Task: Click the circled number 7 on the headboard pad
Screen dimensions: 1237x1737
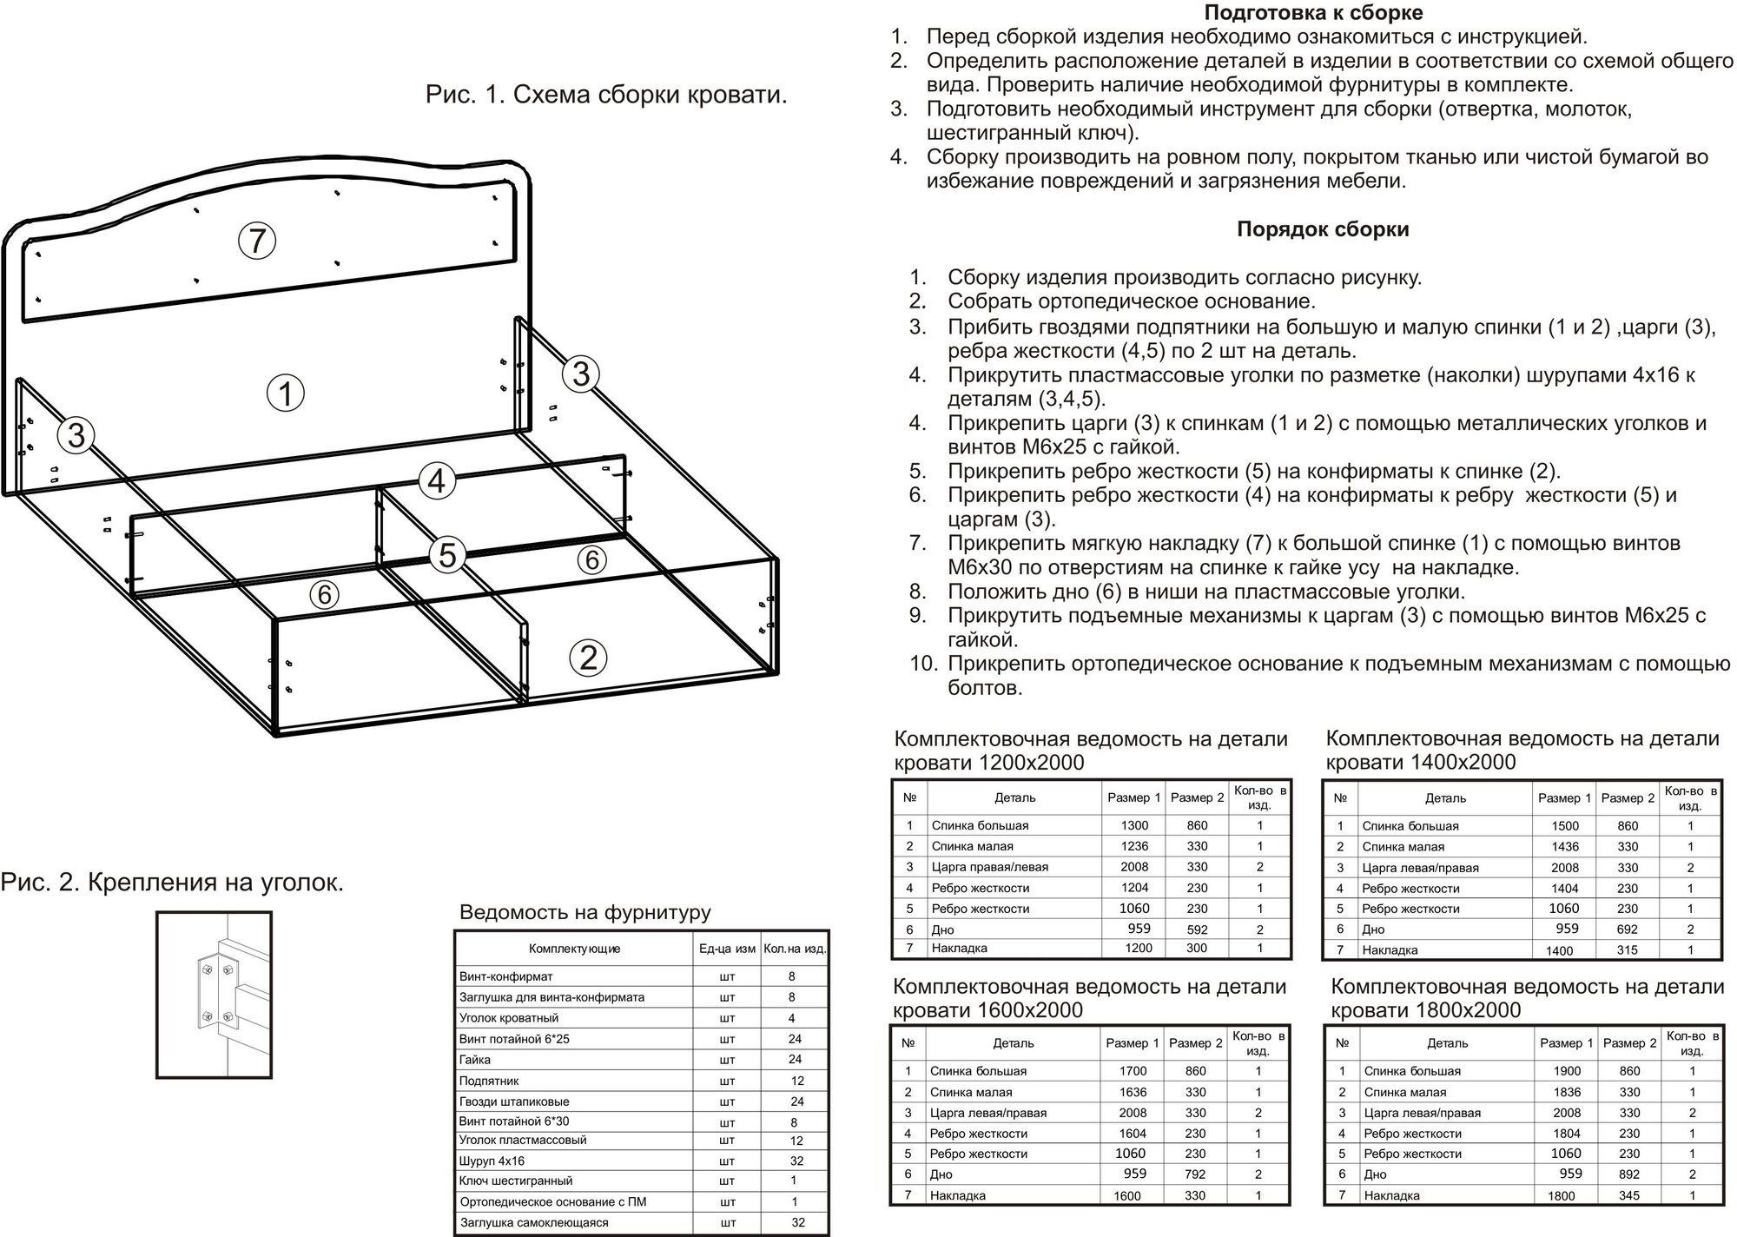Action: click(x=257, y=240)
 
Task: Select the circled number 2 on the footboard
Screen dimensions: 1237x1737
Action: click(x=588, y=658)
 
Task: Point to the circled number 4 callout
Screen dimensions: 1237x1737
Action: click(x=436, y=480)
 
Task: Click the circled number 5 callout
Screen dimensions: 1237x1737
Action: click(x=447, y=554)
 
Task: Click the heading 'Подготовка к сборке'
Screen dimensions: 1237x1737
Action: click(x=1313, y=13)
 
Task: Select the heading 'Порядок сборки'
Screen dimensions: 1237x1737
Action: click(x=1323, y=229)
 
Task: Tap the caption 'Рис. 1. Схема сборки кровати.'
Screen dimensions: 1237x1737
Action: click(x=606, y=95)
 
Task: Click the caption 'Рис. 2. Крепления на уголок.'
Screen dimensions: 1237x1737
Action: click(x=173, y=883)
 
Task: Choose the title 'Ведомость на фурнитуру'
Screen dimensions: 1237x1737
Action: click(x=585, y=912)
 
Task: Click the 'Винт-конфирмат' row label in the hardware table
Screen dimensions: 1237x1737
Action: click(x=505, y=976)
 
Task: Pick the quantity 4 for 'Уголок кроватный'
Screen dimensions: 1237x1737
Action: click(x=791, y=1018)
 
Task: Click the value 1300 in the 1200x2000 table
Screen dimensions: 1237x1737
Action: click(x=1134, y=825)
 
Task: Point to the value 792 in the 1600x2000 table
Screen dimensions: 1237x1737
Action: click(x=1195, y=1174)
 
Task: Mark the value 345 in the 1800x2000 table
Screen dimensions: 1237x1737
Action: click(x=1628, y=1195)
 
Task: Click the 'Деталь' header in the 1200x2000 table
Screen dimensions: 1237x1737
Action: click(x=1014, y=797)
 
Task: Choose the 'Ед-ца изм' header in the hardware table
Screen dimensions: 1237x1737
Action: click(x=727, y=949)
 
